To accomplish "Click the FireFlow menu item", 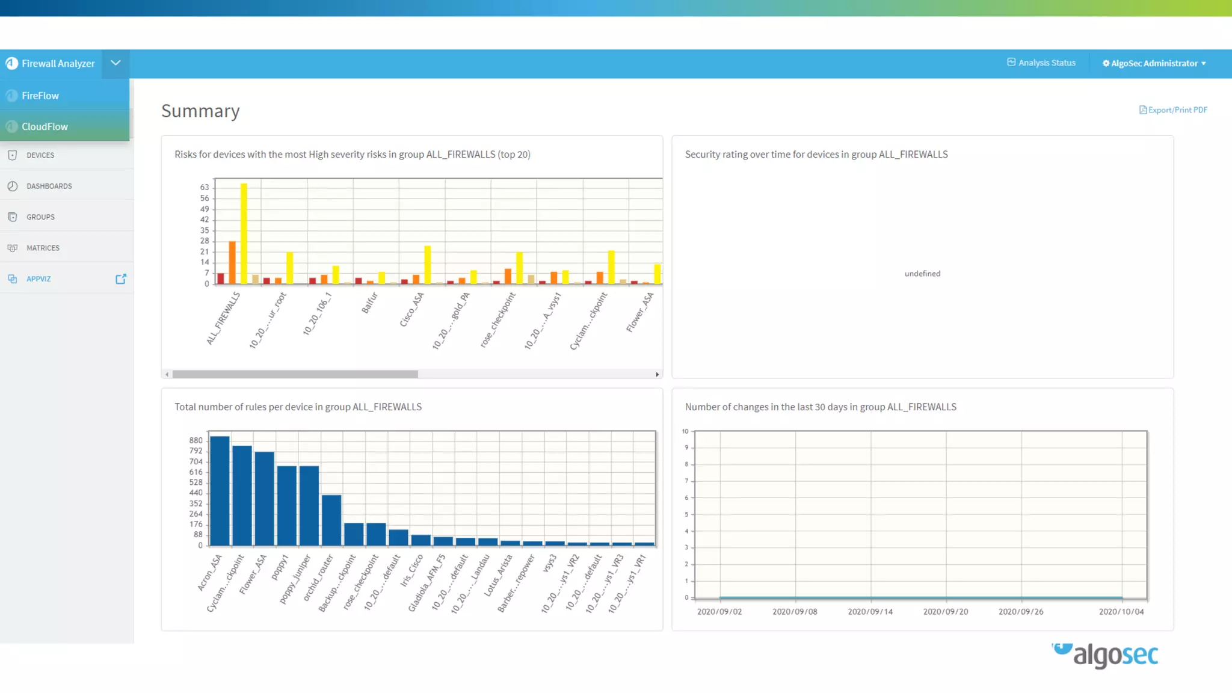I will (40, 96).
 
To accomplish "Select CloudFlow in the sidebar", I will (45, 126).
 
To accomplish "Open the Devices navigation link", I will (40, 155).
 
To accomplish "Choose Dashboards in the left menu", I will (49, 186).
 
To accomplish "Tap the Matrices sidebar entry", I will (43, 248).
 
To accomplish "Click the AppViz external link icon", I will (121, 279).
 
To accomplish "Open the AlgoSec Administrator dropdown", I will (1154, 63).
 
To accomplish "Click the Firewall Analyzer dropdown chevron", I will (115, 63).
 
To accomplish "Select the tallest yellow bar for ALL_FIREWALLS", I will (244, 233).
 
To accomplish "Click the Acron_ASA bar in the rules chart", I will (220, 490).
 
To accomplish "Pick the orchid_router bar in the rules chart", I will (331, 520).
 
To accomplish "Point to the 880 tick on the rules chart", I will (196, 440).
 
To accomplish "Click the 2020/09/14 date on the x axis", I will (870, 612).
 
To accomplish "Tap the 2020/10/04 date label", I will (1121, 612).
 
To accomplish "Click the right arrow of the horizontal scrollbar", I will (658, 374).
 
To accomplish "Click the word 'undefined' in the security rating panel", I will (922, 274).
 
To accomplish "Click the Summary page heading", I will (200, 111).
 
